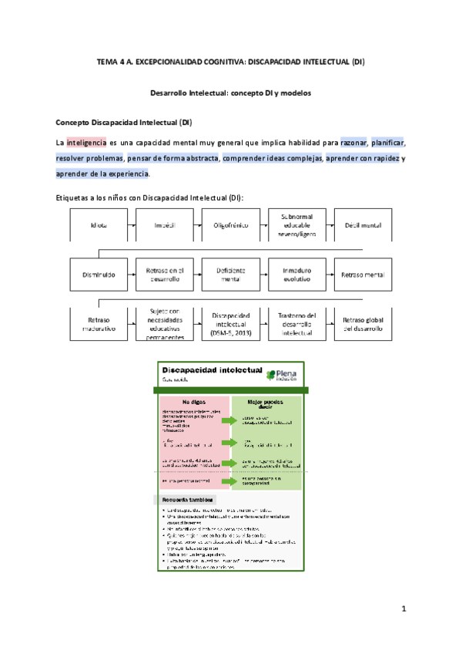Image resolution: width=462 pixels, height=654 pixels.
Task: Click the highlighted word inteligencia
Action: coord(85,143)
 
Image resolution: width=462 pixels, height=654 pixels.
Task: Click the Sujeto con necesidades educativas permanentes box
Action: coord(165,325)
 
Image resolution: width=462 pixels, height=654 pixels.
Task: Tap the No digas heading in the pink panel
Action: coord(194,402)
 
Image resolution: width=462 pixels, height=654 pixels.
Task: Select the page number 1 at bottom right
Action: coord(403,609)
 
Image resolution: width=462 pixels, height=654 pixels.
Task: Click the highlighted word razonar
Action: coord(353,143)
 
